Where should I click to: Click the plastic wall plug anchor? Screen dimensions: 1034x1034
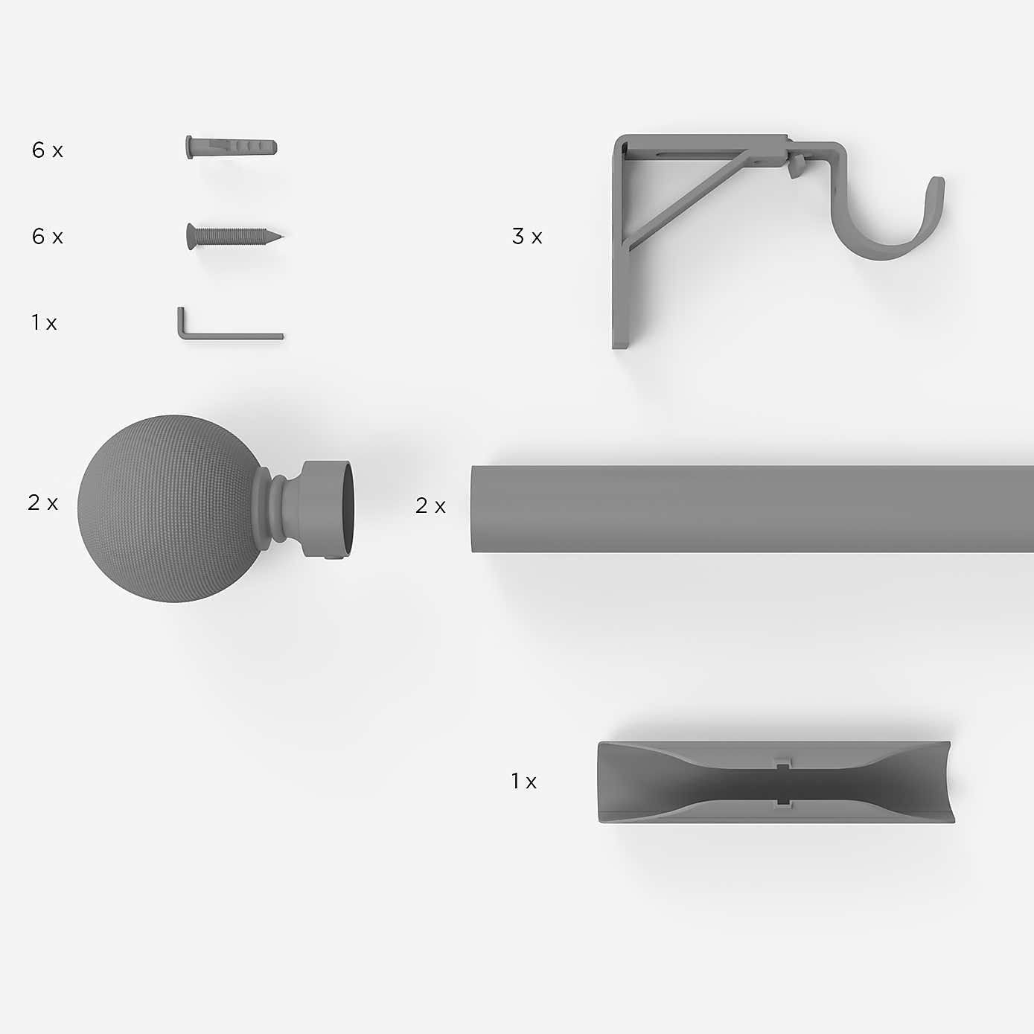point(232,147)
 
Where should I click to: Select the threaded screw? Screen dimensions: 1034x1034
point(234,236)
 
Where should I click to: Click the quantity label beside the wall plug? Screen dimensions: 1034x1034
point(47,150)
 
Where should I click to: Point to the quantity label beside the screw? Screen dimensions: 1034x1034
point(47,237)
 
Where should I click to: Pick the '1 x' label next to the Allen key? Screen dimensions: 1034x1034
point(44,323)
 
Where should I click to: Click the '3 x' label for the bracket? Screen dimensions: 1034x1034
point(527,237)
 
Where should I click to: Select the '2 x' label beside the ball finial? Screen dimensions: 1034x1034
point(43,502)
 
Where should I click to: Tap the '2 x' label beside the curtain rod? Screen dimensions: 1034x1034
point(430,505)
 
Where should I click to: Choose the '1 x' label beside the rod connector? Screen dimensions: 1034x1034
point(524,781)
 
